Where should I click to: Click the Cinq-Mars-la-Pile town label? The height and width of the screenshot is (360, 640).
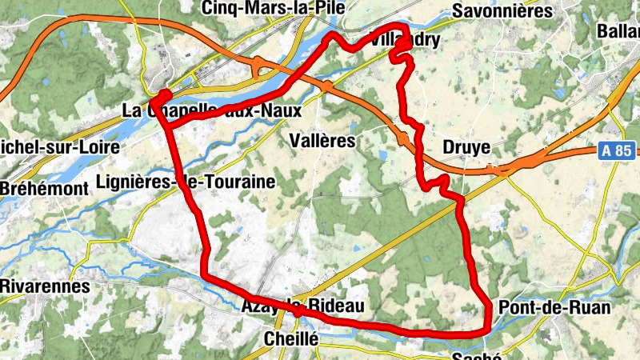pyautogui.click(x=274, y=8)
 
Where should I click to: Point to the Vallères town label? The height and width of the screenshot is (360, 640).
pyautogui.click(x=321, y=141)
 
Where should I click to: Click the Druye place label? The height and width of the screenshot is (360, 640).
pyautogui.click(x=466, y=149)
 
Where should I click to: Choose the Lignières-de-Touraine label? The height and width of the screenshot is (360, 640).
pyautogui.click(x=185, y=182)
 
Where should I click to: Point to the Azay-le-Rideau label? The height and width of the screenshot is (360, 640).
pyautogui.click(x=302, y=306)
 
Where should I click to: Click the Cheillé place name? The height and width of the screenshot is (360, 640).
pyautogui.click(x=291, y=340)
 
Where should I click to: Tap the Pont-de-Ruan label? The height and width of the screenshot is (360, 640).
pyautogui.click(x=554, y=308)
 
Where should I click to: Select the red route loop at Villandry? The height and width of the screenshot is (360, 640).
pyautogui.click(x=401, y=51)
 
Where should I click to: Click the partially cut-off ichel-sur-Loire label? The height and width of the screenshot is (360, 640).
pyautogui.click(x=59, y=147)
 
